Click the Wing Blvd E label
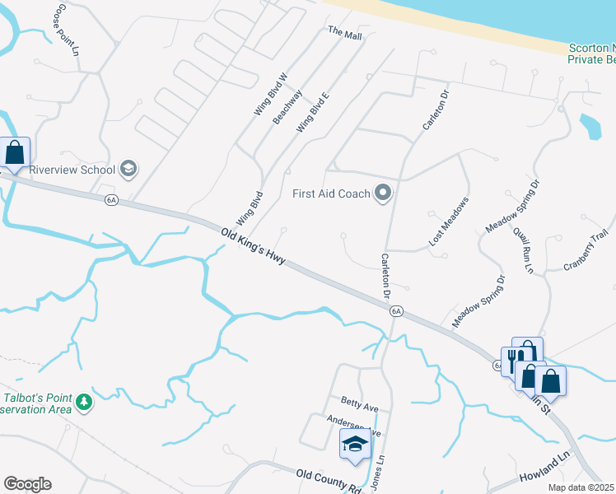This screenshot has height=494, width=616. tap(313, 112)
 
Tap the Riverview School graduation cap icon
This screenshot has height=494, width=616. tap(128, 170)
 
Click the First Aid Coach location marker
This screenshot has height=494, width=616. tap(382, 194)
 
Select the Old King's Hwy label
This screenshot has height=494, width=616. tap(254, 246)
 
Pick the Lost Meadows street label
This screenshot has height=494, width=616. tap(448, 222)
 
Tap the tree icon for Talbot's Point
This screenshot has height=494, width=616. tap(82, 403)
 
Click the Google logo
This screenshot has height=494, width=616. tap(27, 484)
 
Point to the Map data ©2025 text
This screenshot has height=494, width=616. tap(581, 487)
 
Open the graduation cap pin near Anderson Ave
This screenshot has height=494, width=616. tap(355, 444)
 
